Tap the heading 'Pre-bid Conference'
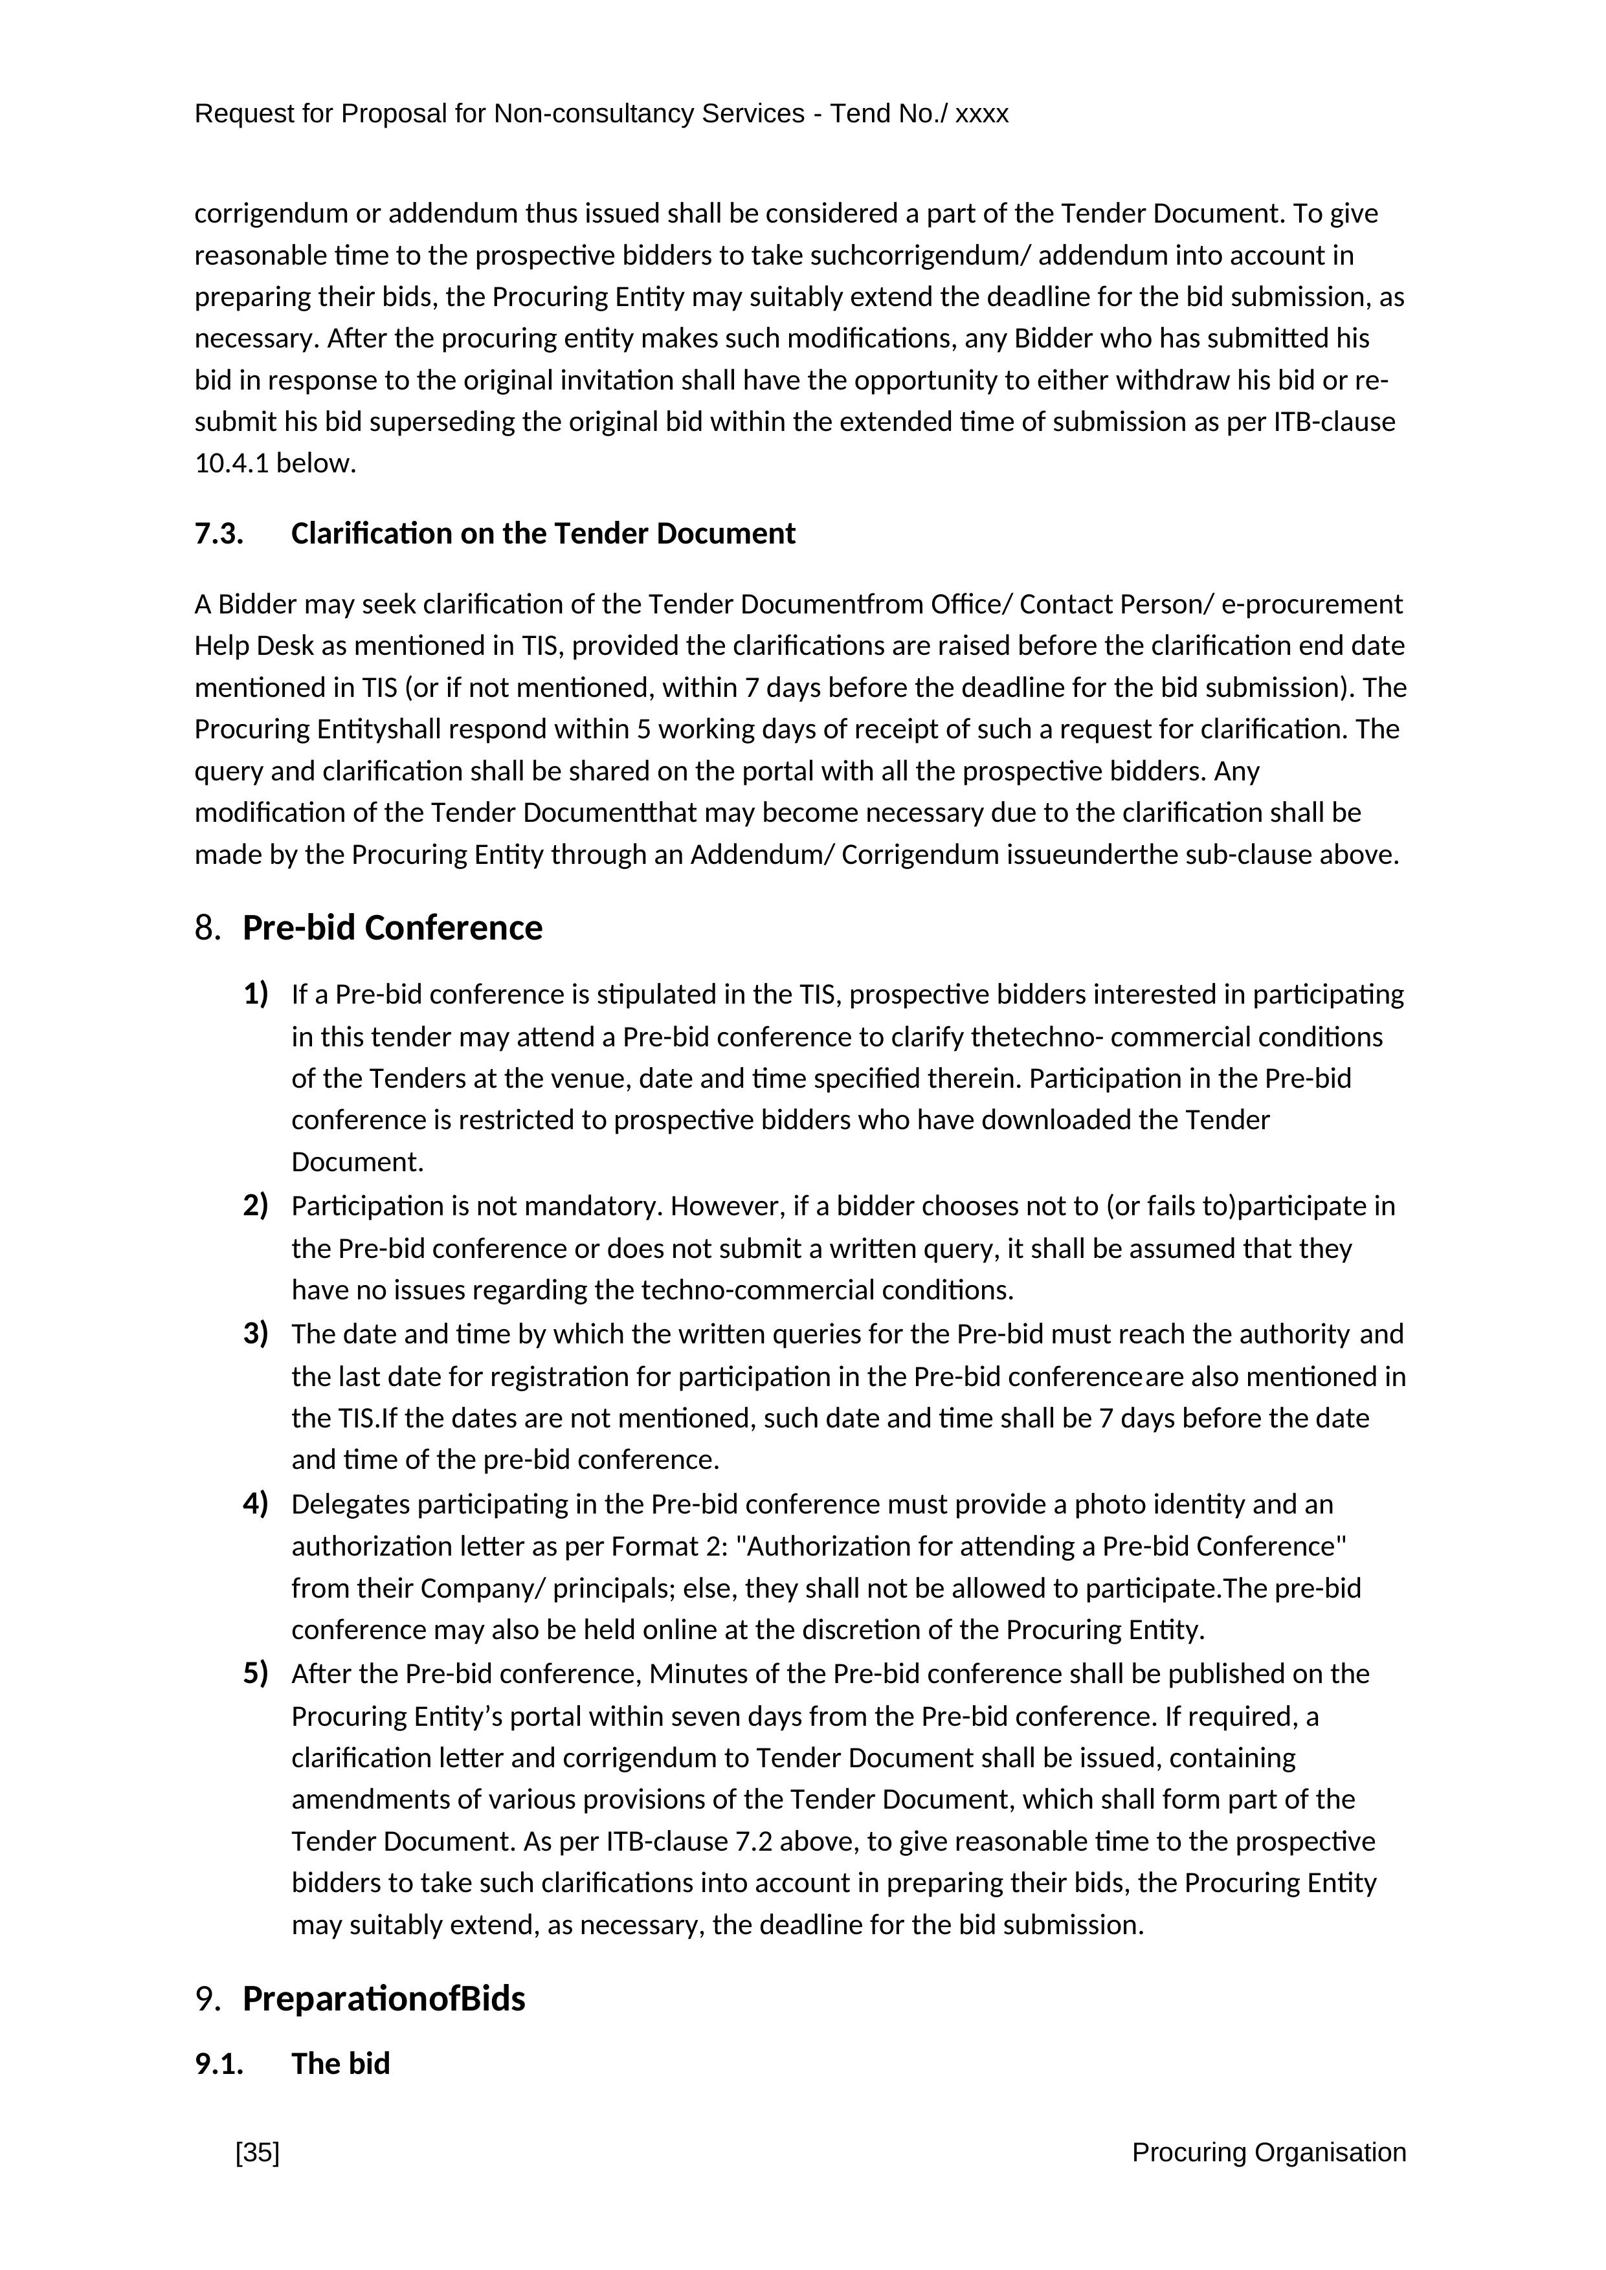coord(393,929)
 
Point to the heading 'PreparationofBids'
coord(384,1998)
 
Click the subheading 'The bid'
coord(340,2064)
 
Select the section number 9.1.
coord(219,2064)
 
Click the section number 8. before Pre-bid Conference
coord(206,929)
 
